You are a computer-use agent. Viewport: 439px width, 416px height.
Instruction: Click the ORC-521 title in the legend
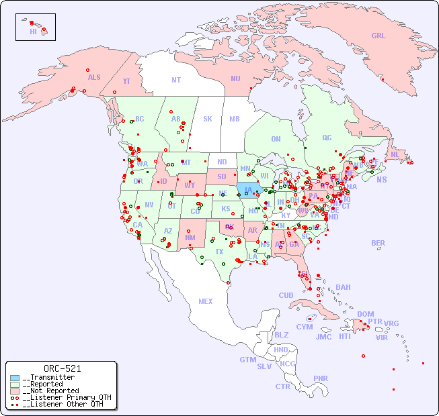(x=62, y=368)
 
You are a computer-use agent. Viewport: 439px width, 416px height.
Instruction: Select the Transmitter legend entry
(x=48, y=377)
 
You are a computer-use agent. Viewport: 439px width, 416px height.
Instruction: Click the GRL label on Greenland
(x=378, y=36)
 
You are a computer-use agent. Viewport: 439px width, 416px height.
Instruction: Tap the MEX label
(x=206, y=301)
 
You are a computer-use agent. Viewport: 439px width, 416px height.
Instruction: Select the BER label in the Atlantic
(x=378, y=243)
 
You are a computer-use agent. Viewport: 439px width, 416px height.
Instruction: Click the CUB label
(x=286, y=295)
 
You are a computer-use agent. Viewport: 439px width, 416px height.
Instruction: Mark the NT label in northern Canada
(x=175, y=79)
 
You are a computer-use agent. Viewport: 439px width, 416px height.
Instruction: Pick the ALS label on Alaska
(x=94, y=77)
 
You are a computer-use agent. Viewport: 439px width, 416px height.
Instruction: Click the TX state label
(x=219, y=252)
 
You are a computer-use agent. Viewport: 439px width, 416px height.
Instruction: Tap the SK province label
(x=208, y=119)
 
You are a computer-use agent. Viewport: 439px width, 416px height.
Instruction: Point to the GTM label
(x=247, y=360)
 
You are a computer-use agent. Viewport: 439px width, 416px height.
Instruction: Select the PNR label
(x=321, y=378)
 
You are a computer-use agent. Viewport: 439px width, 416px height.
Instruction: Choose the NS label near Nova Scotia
(x=382, y=179)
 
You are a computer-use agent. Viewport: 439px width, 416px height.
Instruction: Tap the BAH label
(x=343, y=287)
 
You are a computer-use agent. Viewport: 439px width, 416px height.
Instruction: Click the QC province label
(x=327, y=138)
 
